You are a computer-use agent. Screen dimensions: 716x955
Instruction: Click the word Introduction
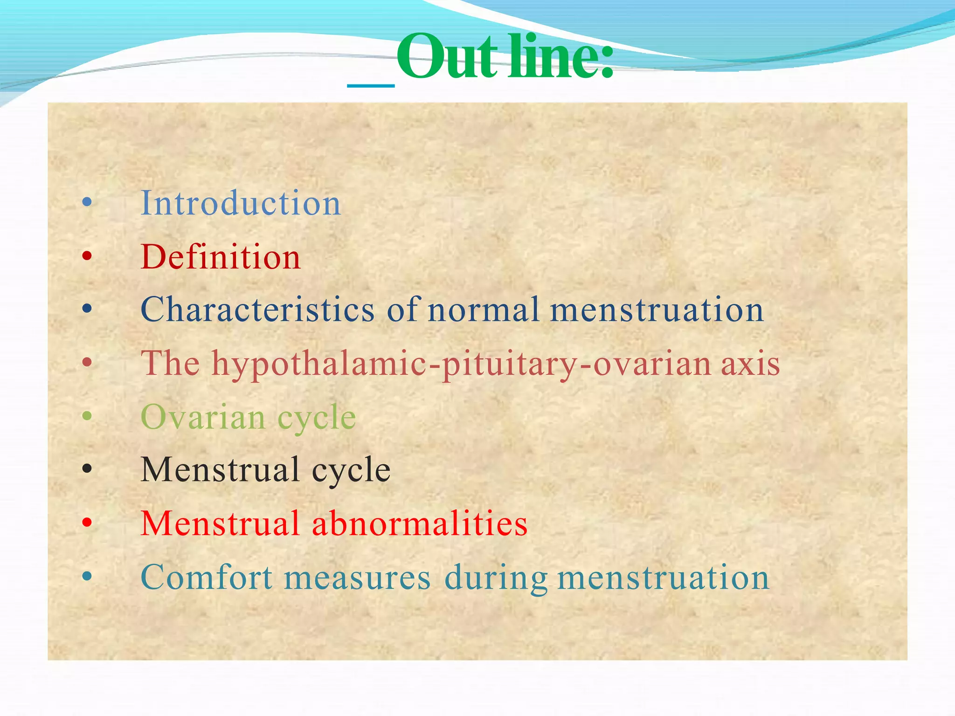[x=241, y=203]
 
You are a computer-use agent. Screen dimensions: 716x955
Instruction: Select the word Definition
[x=221, y=257]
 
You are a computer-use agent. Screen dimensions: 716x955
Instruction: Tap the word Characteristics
[x=257, y=310]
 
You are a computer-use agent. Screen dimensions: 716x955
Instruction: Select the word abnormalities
[x=420, y=523]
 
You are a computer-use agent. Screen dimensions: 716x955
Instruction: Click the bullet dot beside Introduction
[x=87, y=202]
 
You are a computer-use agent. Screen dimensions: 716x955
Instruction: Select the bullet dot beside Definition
[x=87, y=255]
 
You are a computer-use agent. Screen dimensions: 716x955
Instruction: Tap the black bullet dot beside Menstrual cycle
[x=87, y=469]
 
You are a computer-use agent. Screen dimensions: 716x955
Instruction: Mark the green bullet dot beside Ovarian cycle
[x=87, y=415]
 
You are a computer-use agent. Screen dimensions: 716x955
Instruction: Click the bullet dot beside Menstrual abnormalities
[x=87, y=523]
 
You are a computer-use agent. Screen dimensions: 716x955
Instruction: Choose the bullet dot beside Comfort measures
[x=87, y=576]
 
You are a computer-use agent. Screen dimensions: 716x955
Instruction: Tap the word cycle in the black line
[x=351, y=470]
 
